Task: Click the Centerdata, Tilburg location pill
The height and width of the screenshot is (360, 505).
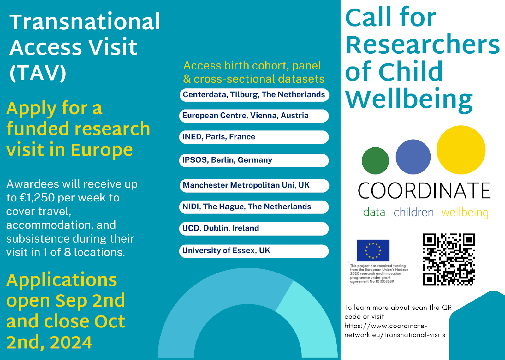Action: (x=254, y=95)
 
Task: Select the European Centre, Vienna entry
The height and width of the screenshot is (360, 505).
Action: (x=254, y=116)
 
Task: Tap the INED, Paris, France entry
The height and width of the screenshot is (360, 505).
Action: (x=254, y=137)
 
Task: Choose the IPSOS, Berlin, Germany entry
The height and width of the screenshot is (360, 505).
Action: (x=254, y=160)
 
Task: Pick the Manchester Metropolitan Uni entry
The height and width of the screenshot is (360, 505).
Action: (x=254, y=186)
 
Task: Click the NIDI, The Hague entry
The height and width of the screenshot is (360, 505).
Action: (x=254, y=207)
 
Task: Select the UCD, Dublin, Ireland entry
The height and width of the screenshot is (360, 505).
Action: (x=254, y=229)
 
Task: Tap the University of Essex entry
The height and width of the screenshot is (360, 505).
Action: (x=254, y=251)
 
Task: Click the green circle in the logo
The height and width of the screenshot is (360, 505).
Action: (x=375, y=161)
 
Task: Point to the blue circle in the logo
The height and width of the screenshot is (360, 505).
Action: (x=413, y=157)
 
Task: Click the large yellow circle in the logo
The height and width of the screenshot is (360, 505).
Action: (x=461, y=150)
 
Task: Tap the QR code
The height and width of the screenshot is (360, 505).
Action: (x=449, y=259)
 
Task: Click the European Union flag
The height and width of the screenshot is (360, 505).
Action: (x=373, y=250)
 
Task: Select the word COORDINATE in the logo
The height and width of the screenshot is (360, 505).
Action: (x=424, y=191)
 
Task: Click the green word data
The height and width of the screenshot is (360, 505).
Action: (x=374, y=212)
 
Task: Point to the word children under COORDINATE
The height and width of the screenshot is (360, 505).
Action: (x=414, y=212)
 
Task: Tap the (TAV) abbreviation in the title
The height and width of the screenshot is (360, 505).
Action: (x=38, y=73)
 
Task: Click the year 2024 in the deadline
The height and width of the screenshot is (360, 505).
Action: (x=71, y=342)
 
